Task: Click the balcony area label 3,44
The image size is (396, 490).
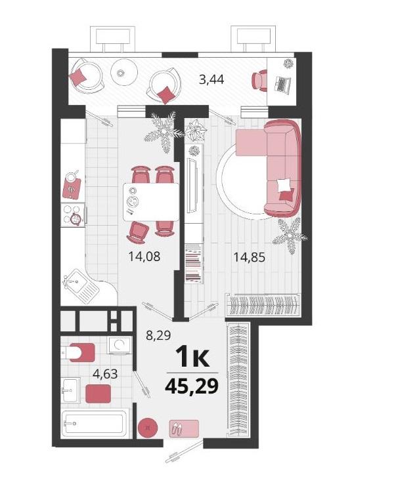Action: click(211, 79)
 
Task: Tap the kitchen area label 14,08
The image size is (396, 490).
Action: click(144, 256)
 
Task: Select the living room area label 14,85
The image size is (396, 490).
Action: click(250, 257)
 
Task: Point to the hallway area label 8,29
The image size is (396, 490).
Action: click(158, 335)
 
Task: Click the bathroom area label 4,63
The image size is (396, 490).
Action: click(106, 373)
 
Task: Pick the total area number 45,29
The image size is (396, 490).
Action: click(191, 386)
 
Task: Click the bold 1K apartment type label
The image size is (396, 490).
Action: click(192, 357)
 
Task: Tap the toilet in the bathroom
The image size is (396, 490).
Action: click(77, 352)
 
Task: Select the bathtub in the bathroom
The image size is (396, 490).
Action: click(94, 424)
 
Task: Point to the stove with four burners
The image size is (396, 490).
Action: click(73, 214)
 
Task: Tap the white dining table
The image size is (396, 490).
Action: click(151, 202)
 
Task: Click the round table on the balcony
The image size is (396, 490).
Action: click(125, 73)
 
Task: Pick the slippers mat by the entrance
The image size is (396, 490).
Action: click(184, 428)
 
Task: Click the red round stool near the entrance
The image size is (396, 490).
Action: click(148, 428)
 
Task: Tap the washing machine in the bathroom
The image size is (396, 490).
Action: click(119, 345)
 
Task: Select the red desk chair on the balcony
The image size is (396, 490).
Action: click(259, 81)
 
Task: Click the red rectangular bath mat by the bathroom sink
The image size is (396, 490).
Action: click(98, 394)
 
